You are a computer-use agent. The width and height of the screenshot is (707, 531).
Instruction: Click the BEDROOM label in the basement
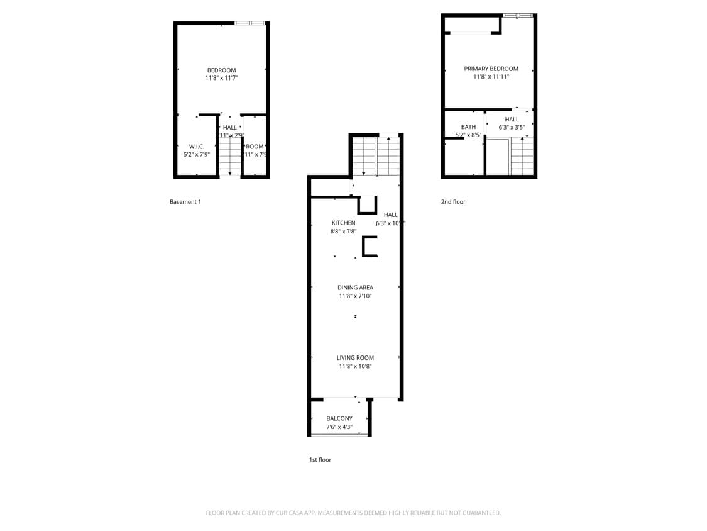coord(221,70)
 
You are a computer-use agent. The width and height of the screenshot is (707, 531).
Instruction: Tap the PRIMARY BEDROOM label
coord(491,69)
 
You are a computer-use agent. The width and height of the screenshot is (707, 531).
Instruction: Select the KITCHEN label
coord(343,223)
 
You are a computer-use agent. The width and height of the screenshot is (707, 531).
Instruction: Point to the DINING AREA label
coord(355,288)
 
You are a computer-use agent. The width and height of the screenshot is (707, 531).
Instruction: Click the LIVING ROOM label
coord(355,358)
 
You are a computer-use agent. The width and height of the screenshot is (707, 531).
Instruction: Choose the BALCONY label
coord(339,418)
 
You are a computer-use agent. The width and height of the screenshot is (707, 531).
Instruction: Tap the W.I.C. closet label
coord(197,147)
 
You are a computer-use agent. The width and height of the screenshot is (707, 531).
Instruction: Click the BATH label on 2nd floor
coord(468,127)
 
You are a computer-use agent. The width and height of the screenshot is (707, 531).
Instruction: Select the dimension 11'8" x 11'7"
coord(221,78)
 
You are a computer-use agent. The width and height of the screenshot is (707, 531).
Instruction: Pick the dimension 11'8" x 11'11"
coord(491,77)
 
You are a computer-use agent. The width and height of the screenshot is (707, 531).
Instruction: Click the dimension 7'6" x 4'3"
coord(339,427)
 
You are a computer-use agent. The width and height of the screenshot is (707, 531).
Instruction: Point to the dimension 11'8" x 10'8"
coord(355,366)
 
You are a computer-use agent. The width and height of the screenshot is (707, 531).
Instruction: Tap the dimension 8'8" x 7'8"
coord(343,232)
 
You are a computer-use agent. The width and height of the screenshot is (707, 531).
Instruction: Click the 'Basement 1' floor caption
coord(185,202)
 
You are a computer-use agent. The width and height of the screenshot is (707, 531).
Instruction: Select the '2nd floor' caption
coord(453,202)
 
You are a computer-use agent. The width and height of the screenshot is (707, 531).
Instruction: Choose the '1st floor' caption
coord(320,460)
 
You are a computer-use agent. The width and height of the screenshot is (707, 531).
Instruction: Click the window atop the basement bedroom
coord(250,23)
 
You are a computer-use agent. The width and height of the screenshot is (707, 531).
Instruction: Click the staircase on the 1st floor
coord(376,155)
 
